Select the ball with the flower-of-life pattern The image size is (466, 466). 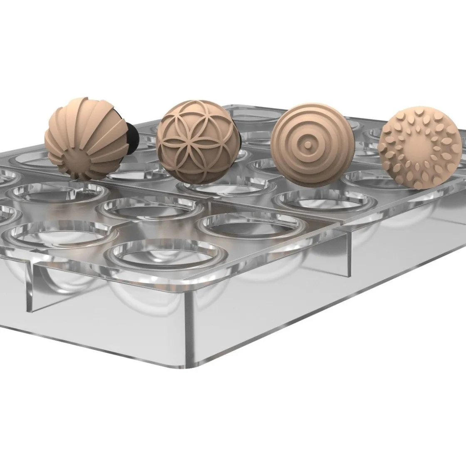[x=196, y=141]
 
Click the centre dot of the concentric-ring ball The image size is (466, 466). [x=307, y=144]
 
